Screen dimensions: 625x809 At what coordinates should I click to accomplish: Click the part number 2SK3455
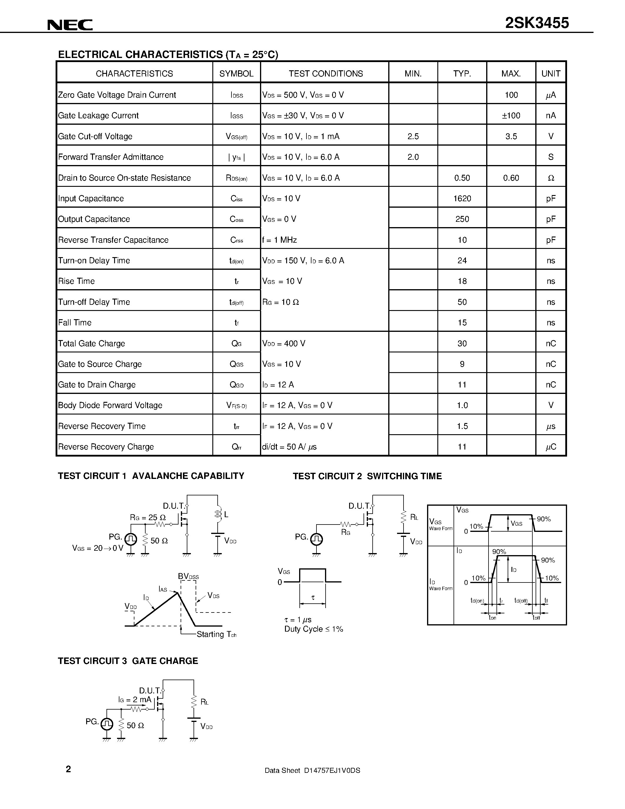[x=536, y=23]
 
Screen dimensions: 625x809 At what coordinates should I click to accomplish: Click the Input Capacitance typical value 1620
[x=462, y=199]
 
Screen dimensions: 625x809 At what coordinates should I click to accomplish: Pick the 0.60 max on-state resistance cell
[x=511, y=178]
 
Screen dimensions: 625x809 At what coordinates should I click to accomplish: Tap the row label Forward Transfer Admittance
[x=111, y=157]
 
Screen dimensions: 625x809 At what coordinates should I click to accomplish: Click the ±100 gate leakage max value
[x=511, y=116]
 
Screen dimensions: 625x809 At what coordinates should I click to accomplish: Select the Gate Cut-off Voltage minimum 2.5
[x=413, y=136]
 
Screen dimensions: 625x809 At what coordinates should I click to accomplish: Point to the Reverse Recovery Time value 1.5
[x=462, y=426]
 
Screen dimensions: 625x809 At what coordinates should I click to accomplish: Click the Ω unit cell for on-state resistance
[x=551, y=178]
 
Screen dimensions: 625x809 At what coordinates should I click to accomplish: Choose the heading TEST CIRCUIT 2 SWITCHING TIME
[x=367, y=476]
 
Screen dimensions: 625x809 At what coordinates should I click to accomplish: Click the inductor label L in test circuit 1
[x=226, y=515]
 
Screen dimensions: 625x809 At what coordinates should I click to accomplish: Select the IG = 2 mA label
[x=135, y=699]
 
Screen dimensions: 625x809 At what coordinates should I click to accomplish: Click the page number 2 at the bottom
[x=68, y=769]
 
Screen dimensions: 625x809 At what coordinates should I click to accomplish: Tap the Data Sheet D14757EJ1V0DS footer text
[x=312, y=770]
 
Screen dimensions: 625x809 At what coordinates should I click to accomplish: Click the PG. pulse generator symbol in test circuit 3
[x=107, y=723]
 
